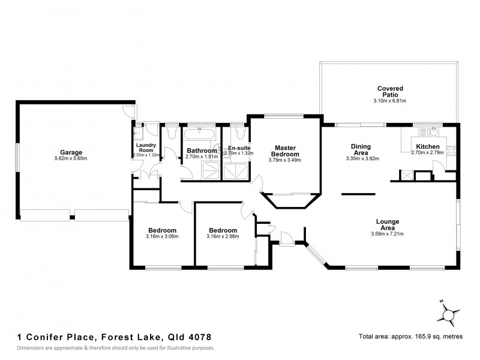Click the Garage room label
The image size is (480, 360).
tap(70, 152)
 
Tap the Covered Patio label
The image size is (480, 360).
tap(390, 92)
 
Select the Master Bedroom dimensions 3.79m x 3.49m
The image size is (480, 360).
tap(284, 160)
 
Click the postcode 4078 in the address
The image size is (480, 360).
tap(197, 338)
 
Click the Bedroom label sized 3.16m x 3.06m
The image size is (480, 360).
tap(161, 230)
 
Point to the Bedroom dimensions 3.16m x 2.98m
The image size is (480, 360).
tap(222, 236)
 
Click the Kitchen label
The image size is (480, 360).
tap(427, 146)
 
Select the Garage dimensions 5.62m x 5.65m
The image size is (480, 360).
tap(70, 158)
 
